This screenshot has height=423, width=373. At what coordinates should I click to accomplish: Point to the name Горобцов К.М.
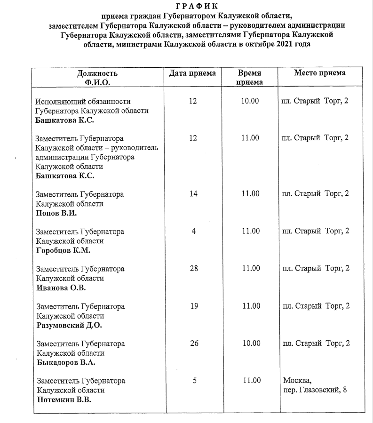[x=63, y=250]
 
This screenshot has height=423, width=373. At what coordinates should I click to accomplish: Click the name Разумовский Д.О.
[x=69, y=325]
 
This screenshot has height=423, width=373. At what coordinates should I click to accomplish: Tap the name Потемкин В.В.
[x=64, y=400]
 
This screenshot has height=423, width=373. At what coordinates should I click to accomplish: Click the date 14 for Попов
[x=193, y=193]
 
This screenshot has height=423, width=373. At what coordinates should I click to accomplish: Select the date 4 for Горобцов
[x=193, y=231]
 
